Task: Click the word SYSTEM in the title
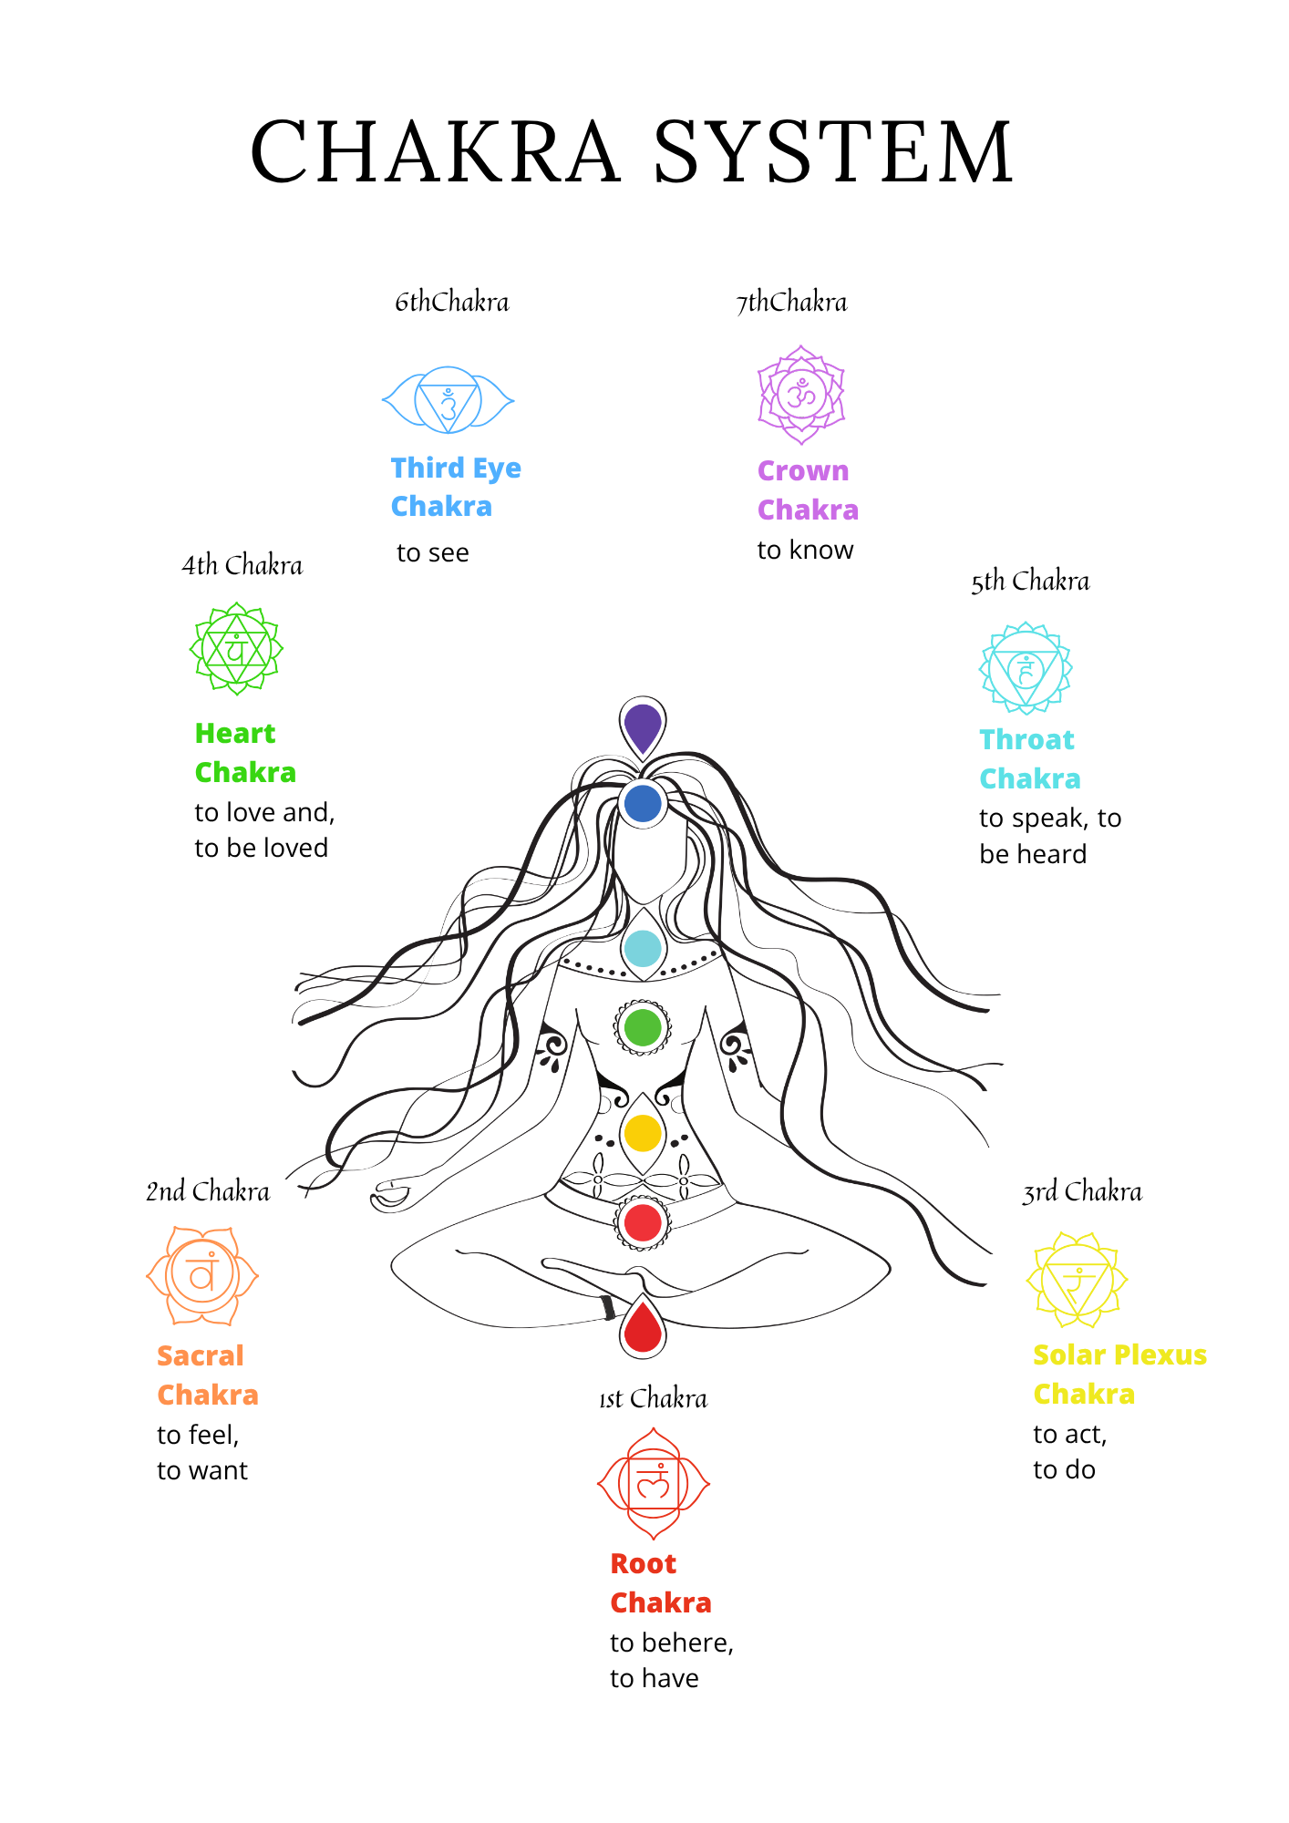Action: pyautogui.click(x=833, y=151)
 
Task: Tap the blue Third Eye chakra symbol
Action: pyautogui.click(x=448, y=400)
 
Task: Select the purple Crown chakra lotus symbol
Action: pyautogui.click(x=801, y=395)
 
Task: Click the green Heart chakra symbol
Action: pyautogui.click(x=236, y=649)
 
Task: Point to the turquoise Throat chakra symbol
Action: pyautogui.click(x=1026, y=669)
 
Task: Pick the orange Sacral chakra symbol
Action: pyautogui.click(x=202, y=1275)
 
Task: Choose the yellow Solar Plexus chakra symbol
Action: pyautogui.click(x=1078, y=1280)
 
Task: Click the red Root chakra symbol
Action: pyautogui.click(x=653, y=1484)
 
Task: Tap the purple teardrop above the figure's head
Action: pyautogui.click(x=643, y=726)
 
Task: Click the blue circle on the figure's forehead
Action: pyautogui.click(x=643, y=804)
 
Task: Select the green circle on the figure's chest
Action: pyautogui.click(x=643, y=1027)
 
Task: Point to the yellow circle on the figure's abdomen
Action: pyautogui.click(x=643, y=1133)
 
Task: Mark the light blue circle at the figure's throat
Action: pyautogui.click(x=643, y=949)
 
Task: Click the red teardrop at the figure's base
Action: pyautogui.click(x=643, y=1326)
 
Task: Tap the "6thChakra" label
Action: pyautogui.click(x=452, y=302)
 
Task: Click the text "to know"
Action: pyautogui.click(x=805, y=550)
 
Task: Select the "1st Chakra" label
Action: pyautogui.click(x=653, y=1398)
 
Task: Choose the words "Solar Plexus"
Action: pyautogui.click(x=1119, y=1354)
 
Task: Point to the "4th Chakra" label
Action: pyautogui.click(x=242, y=565)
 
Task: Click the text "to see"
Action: pyautogui.click(x=433, y=552)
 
